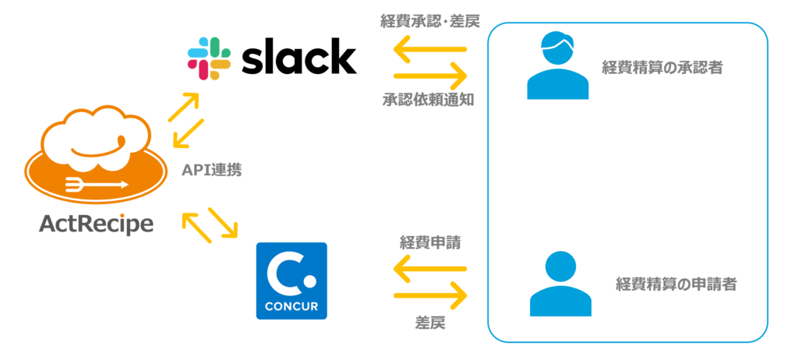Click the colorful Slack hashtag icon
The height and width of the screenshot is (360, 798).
tap(209, 58)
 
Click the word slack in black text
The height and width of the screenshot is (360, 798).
tap(298, 58)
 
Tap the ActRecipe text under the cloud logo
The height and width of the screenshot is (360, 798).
tap(96, 224)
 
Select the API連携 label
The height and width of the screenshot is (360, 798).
tap(211, 170)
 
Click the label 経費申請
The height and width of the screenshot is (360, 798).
tap(430, 242)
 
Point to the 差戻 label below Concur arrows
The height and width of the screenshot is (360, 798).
tap(429, 322)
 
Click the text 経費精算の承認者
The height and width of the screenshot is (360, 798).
tap(662, 69)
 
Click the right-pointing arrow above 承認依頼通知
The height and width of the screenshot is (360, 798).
tap(430, 76)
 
